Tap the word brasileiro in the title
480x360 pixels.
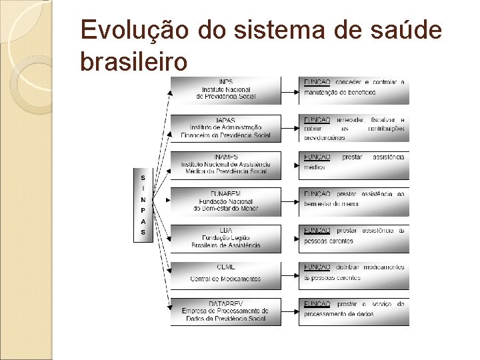133,62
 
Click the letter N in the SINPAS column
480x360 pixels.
143,199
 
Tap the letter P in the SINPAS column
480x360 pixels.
143,210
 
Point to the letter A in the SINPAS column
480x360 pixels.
143,221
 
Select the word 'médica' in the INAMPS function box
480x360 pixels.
313,168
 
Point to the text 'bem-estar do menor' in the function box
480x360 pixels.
332,204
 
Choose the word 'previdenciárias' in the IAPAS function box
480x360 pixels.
325,137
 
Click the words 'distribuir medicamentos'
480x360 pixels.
371,267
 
